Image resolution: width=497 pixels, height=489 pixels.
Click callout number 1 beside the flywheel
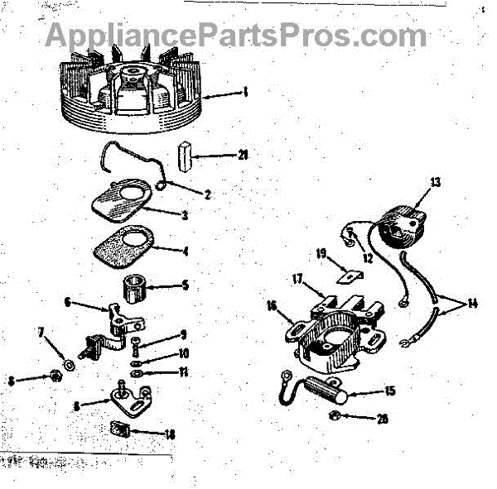point(245,93)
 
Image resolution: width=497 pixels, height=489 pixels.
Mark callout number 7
point(39,333)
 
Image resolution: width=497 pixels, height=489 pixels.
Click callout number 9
point(185,335)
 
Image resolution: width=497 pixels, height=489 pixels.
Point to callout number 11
point(185,372)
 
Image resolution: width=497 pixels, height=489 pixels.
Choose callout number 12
point(367,258)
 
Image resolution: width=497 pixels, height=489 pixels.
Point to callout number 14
point(471,303)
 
